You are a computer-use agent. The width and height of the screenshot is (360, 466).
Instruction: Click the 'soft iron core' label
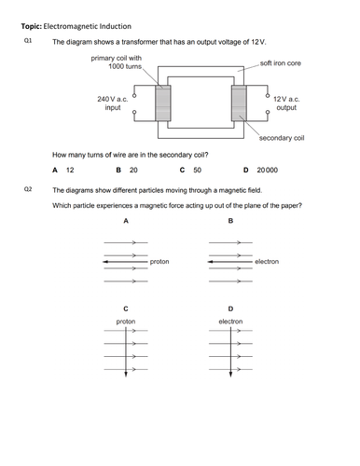[x=280, y=62]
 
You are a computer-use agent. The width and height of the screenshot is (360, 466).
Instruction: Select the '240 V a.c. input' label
[x=113, y=103]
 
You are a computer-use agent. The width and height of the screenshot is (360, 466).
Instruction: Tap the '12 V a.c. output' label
[x=287, y=103]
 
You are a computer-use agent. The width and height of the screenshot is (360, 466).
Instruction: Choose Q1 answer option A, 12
[x=63, y=171]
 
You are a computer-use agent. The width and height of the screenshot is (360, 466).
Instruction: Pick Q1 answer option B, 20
[x=127, y=171]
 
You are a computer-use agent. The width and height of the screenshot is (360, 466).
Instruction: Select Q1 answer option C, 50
[x=190, y=171]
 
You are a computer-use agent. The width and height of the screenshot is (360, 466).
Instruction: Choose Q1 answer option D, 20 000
[x=260, y=171]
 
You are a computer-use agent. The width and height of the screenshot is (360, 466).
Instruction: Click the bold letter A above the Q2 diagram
[x=126, y=222]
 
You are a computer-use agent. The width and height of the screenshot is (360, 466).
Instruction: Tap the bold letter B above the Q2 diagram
[x=230, y=222]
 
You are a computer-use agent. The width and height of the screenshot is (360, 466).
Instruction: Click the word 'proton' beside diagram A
[x=159, y=262]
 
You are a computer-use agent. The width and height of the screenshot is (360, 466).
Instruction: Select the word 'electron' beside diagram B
[x=267, y=262]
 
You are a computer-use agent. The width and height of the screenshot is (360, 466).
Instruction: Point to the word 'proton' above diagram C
[x=126, y=322]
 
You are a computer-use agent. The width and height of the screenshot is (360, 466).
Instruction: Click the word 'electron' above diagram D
[x=230, y=322]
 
